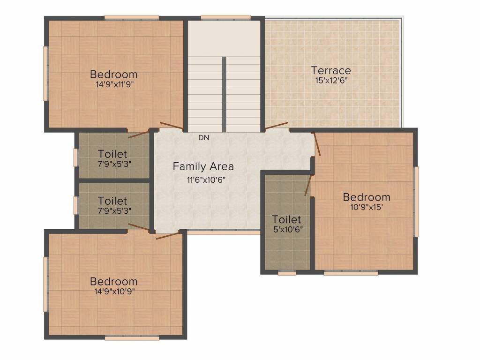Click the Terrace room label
tap(331, 70)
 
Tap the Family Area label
tap(203, 166)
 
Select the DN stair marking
tap(203, 138)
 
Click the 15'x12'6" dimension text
tap(331, 81)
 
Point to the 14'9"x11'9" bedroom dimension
tap(115, 84)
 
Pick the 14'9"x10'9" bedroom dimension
tap(114, 292)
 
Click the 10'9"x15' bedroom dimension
tap(367, 207)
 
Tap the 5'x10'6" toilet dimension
tap(288, 229)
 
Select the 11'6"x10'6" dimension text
tap(206, 180)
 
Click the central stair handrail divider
tap(224, 94)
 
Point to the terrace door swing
tap(277, 126)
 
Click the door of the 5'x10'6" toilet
tap(308, 185)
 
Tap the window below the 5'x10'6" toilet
tap(287, 273)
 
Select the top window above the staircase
tap(225, 18)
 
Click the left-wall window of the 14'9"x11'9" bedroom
tap(46, 74)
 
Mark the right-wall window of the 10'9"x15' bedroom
tap(416, 202)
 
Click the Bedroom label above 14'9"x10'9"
tap(113, 281)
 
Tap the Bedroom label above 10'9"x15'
tap(367, 197)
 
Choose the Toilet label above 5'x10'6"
tap(286, 219)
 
